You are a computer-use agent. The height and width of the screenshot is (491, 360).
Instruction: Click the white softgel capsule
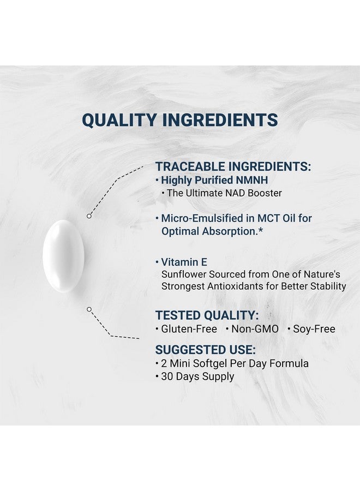[x=63, y=256]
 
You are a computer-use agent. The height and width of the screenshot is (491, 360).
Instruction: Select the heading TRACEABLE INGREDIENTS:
[x=233, y=166]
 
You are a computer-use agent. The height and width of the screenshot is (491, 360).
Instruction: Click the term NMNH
[x=252, y=180]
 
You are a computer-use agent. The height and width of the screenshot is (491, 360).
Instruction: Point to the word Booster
[x=265, y=193]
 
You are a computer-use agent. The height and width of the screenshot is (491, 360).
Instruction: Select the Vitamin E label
[x=184, y=262]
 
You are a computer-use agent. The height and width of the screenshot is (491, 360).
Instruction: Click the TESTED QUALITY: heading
[x=207, y=315]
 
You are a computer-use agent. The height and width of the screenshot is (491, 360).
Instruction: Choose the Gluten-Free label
[x=189, y=329]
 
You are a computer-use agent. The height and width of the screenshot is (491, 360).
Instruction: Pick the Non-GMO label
[x=255, y=329]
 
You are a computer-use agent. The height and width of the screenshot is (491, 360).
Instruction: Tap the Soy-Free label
[x=314, y=329]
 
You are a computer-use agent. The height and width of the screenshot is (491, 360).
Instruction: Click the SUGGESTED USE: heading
[x=205, y=350]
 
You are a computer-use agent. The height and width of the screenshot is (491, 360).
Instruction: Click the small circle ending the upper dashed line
[x=89, y=216]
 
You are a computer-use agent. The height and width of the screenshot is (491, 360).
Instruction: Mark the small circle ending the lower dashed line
[x=89, y=309]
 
